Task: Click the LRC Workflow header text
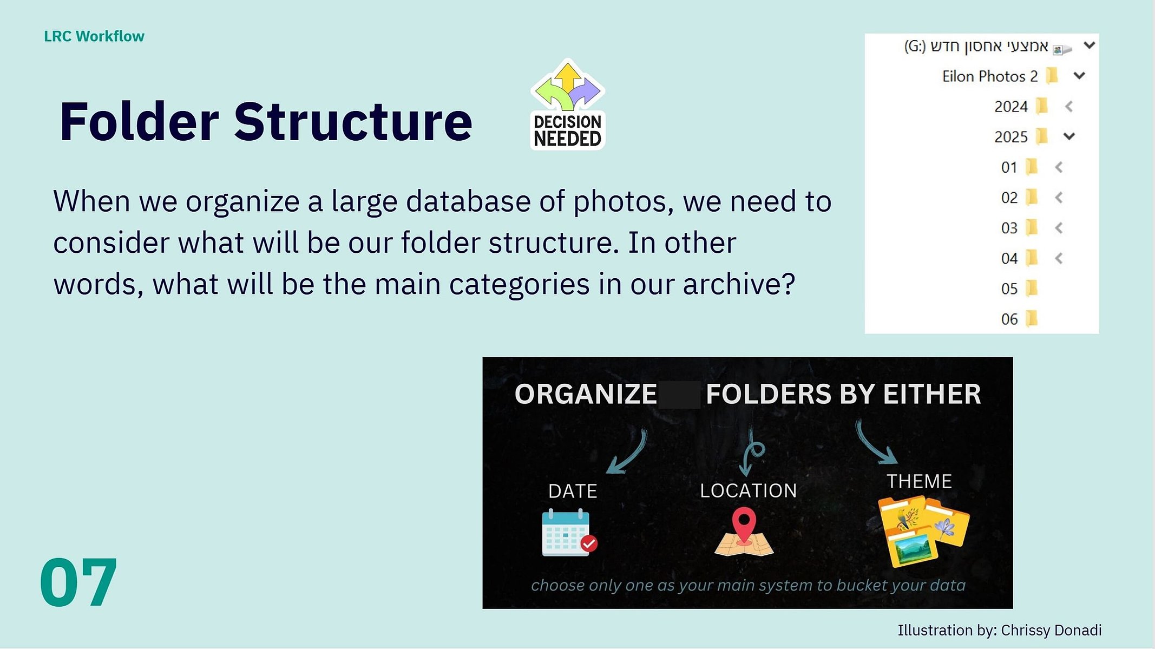(94, 36)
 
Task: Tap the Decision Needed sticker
(567, 104)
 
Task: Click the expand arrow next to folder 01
(1059, 167)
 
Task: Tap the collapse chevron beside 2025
(1069, 136)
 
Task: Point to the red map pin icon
(744, 525)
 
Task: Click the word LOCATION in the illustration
(749, 490)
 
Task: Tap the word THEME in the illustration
(919, 481)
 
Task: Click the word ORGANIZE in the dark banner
(586, 394)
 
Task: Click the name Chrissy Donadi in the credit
(1051, 630)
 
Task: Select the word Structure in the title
(353, 122)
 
